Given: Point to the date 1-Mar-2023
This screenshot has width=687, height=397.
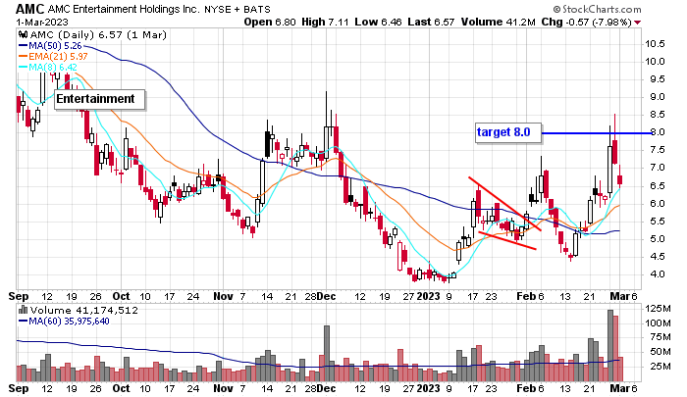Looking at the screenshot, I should pos(33,21).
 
